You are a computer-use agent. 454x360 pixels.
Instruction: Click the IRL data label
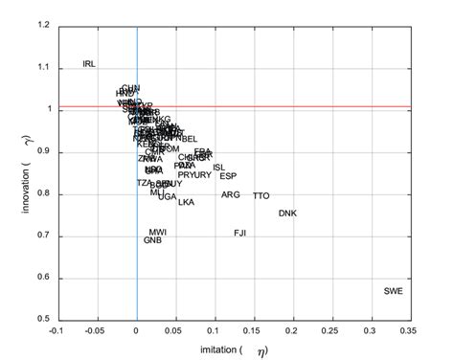[89, 64]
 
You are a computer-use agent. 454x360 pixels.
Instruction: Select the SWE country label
[394, 290]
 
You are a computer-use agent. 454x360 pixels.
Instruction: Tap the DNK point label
[287, 213]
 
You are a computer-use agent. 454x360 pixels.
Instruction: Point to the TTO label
[261, 195]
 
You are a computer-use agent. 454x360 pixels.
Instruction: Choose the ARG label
[231, 194]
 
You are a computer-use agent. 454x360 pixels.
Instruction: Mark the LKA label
[186, 202]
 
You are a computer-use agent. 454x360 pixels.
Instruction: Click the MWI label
[158, 232]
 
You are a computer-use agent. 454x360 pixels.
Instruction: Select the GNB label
[153, 240]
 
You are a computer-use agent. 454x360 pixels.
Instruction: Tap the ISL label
[219, 167]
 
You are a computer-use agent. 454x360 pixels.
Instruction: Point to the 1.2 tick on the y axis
[41, 26]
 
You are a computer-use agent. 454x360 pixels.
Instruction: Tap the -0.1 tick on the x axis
[57, 330]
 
